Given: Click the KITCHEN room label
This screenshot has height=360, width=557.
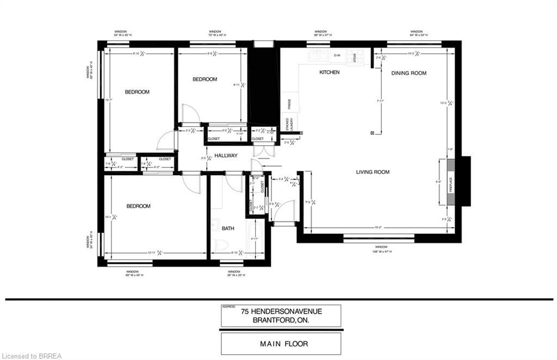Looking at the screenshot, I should point(329,72).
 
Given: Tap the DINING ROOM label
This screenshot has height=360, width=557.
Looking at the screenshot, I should point(409,73).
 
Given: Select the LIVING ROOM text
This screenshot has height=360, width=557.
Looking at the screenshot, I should point(373,172).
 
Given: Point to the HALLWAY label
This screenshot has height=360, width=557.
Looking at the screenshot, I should point(226,156).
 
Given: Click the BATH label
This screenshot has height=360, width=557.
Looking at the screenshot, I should point(228,228).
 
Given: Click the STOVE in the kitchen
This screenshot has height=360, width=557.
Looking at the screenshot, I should point(355,58).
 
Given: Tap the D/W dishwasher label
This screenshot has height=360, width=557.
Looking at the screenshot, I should point(337,55).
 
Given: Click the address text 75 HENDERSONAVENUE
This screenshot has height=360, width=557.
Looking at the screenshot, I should point(282,312).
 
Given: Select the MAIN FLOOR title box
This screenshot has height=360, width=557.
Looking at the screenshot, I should point(281,343).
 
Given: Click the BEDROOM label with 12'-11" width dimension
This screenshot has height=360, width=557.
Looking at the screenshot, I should point(138,206).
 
